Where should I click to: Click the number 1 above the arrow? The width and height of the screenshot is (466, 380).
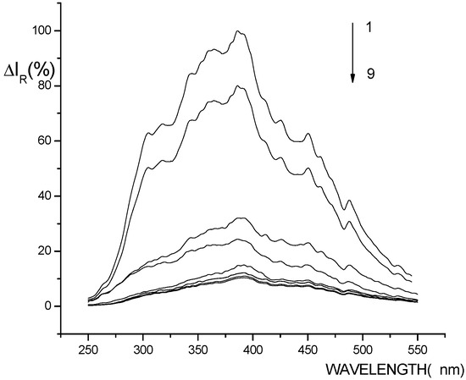(x=370, y=28)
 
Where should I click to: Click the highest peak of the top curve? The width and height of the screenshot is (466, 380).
(x=239, y=31)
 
